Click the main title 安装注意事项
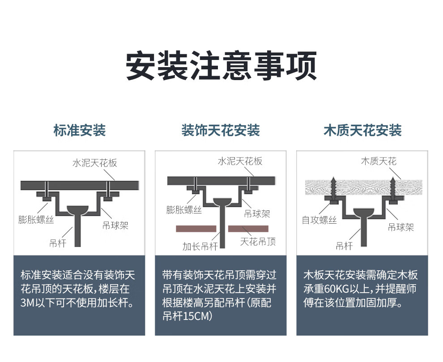click(221, 67)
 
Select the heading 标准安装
click(79, 131)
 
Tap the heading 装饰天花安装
click(221, 131)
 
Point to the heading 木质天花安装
click(362, 131)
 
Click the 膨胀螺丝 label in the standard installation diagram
click(36, 220)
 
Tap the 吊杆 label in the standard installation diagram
click(58, 244)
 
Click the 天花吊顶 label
click(258, 242)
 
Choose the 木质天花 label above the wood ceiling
click(379, 161)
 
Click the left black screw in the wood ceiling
click(334, 187)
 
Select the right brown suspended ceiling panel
click(248, 229)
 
